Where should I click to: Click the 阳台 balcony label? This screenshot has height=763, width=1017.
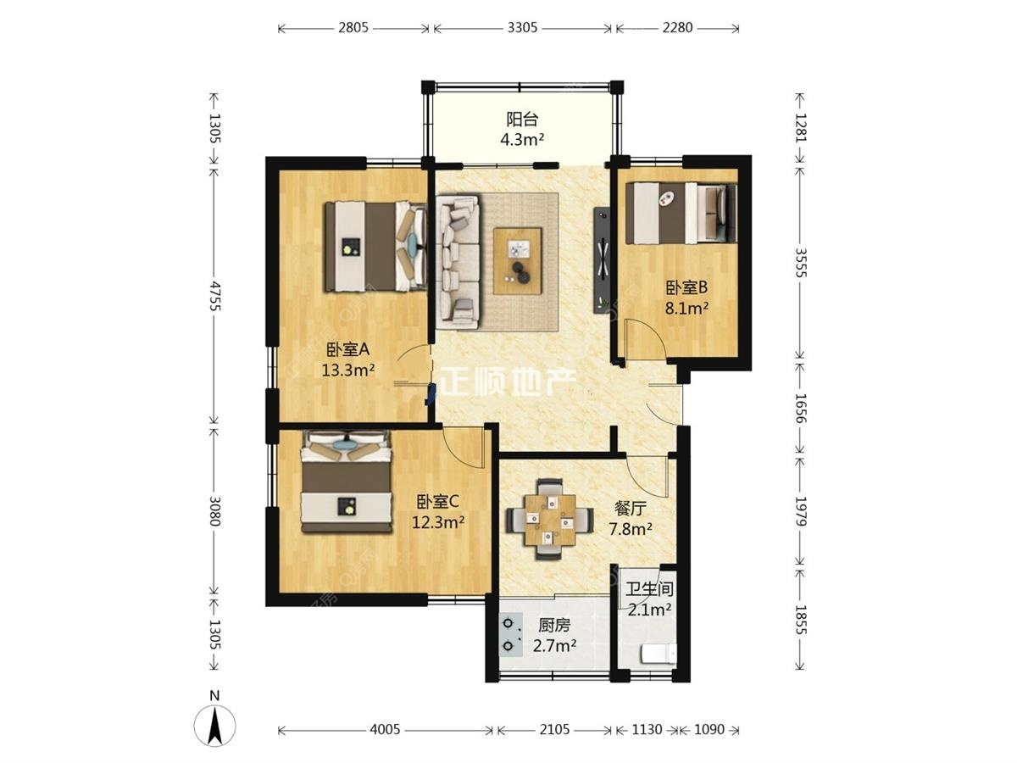(522, 120)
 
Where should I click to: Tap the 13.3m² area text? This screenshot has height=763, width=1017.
(348, 370)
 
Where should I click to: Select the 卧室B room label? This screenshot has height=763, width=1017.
(686, 287)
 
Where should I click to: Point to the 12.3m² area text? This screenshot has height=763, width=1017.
(438, 522)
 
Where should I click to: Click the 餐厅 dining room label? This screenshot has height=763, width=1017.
(631, 509)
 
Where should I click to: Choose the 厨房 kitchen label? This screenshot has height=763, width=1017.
(554, 626)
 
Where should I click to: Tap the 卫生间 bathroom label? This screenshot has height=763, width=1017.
(649, 589)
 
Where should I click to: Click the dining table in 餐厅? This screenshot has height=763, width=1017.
(549, 520)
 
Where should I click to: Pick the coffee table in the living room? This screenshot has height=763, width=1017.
(518, 261)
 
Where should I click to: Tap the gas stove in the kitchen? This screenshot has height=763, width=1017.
(510, 635)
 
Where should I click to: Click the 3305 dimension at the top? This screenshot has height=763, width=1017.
(522, 28)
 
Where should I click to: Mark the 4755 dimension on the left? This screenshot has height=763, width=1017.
(214, 295)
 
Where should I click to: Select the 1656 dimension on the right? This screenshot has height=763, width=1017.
(800, 408)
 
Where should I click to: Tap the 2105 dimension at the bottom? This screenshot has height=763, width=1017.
(554, 730)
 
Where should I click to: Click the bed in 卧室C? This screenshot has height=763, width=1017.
(346, 482)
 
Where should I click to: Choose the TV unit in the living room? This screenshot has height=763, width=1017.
(602, 260)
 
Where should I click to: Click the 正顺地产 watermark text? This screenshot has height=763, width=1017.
(508, 382)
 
